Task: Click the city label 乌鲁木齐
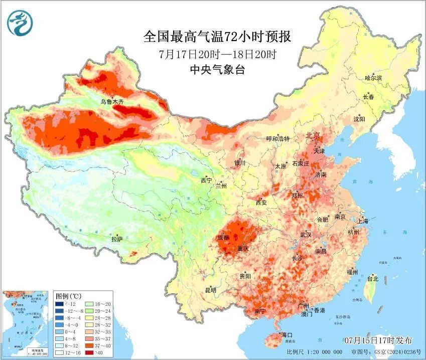(111, 101)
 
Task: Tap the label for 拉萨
(116, 239)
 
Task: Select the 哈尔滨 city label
(373, 78)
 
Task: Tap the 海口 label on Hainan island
(287, 334)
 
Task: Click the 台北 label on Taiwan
(373, 279)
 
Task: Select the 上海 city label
(363, 221)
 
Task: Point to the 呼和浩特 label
(278, 139)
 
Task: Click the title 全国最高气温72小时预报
(217, 37)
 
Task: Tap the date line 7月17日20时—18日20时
(217, 54)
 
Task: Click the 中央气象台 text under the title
(217, 70)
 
